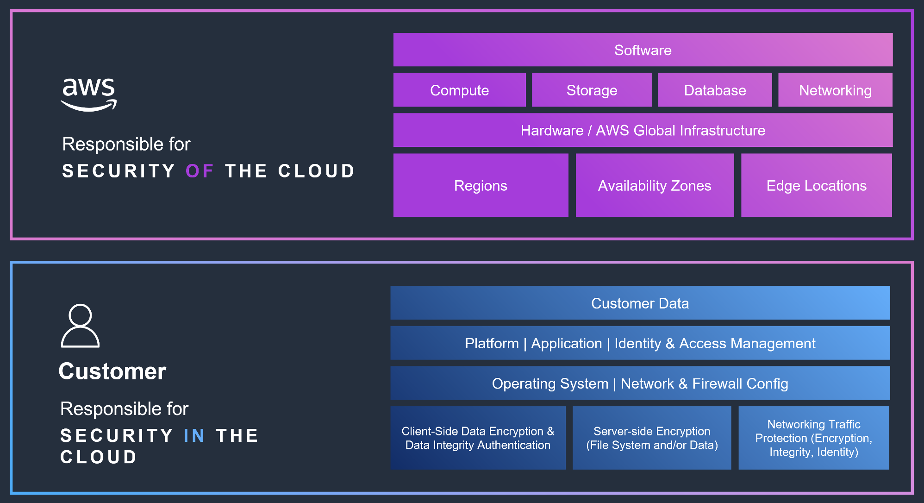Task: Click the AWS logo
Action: pyautogui.click(x=88, y=94)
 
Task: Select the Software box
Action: pyautogui.click(x=643, y=50)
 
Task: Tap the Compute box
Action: pyautogui.click(x=459, y=90)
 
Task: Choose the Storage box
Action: pyautogui.click(x=592, y=90)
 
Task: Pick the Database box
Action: pyautogui.click(x=715, y=90)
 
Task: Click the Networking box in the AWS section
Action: pyautogui.click(x=835, y=90)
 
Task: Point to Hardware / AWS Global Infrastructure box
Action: pyautogui.click(x=643, y=130)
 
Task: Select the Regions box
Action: pyautogui.click(x=481, y=185)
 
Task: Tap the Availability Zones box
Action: pyautogui.click(x=655, y=185)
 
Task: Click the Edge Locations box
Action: pyautogui.click(x=816, y=185)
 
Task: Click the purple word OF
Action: pyautogui.click(x=200, y=171)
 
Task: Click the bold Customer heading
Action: pyautogui.click(x=112, y=371)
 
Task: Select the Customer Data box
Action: pyautogui.click(x=640, y=303)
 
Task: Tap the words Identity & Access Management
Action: pyautogui.click(x=715, y=343)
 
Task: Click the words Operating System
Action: pyautogui.click(x=550, y=384)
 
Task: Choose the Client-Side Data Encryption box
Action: pyautogui.click(x=478, y=438)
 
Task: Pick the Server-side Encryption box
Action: pyautogui.click(x=652, y=438)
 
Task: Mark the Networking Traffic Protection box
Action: pyautogui.click(x=813, y=438)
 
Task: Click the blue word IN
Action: pyautogui.click(x=194, y=435)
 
